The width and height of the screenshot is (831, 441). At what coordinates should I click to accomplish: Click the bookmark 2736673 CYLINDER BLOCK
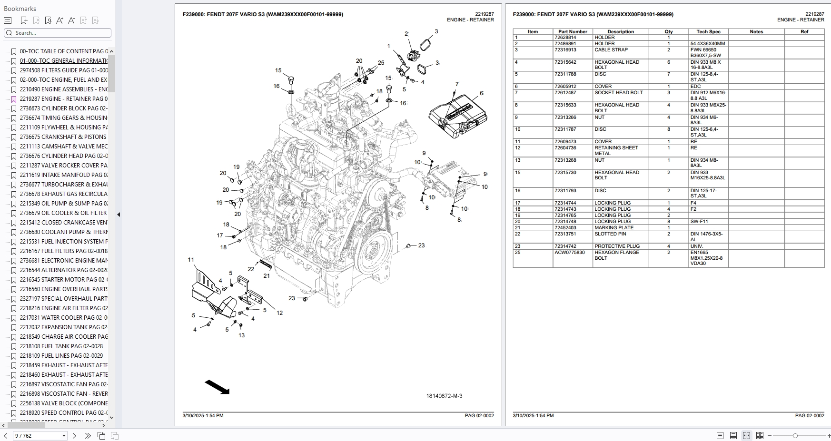[63, 108]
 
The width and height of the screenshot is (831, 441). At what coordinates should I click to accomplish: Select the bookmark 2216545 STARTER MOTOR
[63, 280]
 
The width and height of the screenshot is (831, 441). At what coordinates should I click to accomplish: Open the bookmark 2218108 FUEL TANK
[61, 346]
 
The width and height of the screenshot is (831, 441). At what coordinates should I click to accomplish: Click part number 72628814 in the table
[565, 38]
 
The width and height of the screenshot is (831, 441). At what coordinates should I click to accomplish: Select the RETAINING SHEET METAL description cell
[616, 150]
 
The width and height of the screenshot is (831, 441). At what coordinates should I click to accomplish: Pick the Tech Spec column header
[708, 32]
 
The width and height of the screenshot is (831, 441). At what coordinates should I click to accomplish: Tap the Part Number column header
[573, 32]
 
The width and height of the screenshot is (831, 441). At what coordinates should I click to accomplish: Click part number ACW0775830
[569, 253]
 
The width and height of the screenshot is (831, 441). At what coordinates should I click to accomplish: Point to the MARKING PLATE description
[614, 228]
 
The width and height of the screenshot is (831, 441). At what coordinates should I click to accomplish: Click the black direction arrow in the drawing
[217, 387]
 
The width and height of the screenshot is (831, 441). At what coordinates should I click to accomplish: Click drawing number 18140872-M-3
[444, 396]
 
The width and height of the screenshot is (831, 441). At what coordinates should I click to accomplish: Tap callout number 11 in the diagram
[191, 260]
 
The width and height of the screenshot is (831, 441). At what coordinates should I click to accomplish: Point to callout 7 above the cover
[457, 84]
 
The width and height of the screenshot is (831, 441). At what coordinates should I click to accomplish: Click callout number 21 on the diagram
[267, 276]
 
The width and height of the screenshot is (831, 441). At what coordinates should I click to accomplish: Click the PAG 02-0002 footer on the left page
[479, 416]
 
